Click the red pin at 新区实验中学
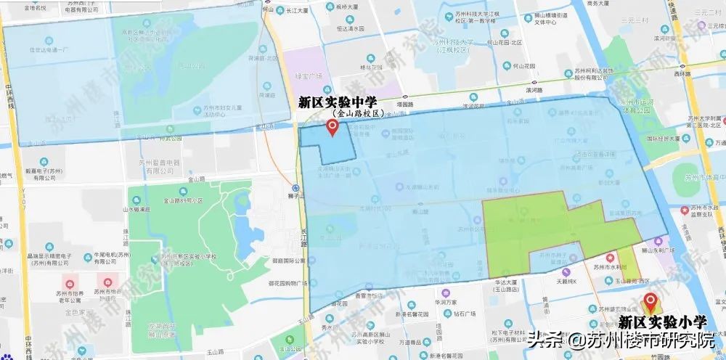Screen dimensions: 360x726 333,128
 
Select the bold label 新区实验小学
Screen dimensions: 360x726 662,321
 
